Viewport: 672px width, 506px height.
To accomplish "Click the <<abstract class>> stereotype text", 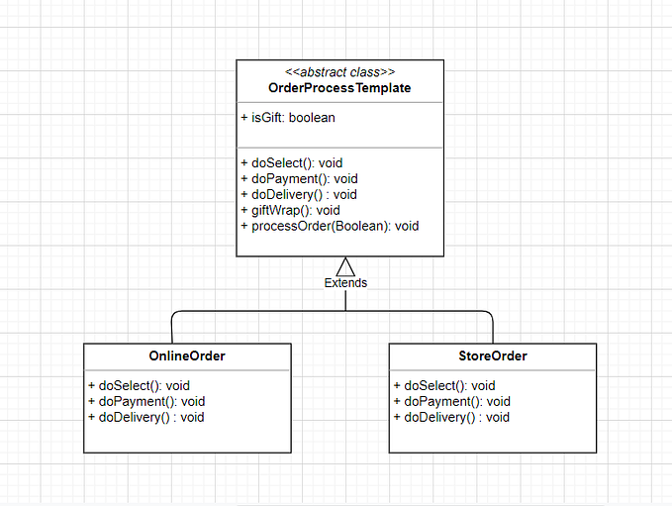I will [x=339, y=72].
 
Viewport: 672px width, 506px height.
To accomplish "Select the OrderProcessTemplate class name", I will [x=339, y=88].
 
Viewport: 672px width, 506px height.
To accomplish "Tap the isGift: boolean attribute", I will [x=288, y=118].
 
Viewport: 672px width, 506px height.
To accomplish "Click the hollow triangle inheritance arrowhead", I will [x=345, y=266].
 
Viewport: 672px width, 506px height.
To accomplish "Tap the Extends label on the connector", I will [x=345, y=283].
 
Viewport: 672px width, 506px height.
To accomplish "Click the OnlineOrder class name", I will [x=187, y=356].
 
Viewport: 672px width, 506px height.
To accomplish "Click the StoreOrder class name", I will [x=493, y=356].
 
